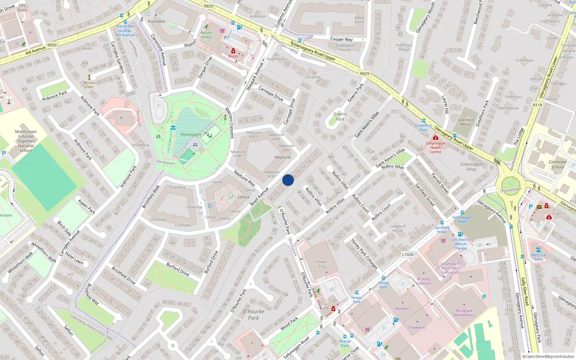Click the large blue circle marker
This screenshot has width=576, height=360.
(x=288, y=180)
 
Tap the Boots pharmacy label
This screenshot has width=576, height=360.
(x=233, y=56)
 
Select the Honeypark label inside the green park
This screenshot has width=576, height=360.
(x=191, y=135)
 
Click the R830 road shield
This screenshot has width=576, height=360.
(x=52, y=45)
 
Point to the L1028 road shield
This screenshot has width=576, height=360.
(x=408, y=255)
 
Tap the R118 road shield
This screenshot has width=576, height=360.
(x=537, y=105)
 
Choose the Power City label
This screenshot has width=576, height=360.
(x=322, y=264)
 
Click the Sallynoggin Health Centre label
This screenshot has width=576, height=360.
(x=435, y=148)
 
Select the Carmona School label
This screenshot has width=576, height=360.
(x=557, y=165)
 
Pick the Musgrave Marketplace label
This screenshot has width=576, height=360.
(x=464, y=313)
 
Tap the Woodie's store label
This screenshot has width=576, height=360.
(x=402, y=309)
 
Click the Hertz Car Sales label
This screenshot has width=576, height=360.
(x=539, y=257)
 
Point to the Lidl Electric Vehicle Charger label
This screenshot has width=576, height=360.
(x=461, y=244)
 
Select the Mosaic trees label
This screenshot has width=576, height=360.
(x=89, y=85)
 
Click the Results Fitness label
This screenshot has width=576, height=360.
(x=206, y=35)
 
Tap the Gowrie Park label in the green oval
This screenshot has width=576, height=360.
(x=340, y=116)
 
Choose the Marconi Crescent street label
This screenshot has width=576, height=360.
(x=229, y=123)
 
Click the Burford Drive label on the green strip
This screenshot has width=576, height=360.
(x=178, y=269)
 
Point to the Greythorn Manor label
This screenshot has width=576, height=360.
(x=465, y=122)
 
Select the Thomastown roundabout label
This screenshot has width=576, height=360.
(x=510, y=190)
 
